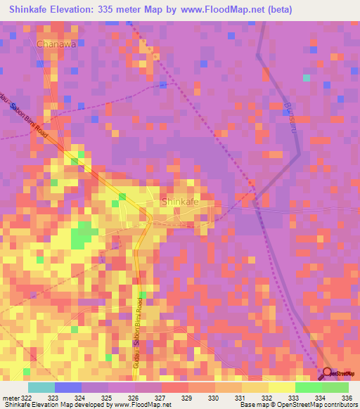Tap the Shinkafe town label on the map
(180, 202)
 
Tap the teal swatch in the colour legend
(41, 387)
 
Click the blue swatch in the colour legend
(68, 387)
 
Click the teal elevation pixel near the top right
(306, 77)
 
